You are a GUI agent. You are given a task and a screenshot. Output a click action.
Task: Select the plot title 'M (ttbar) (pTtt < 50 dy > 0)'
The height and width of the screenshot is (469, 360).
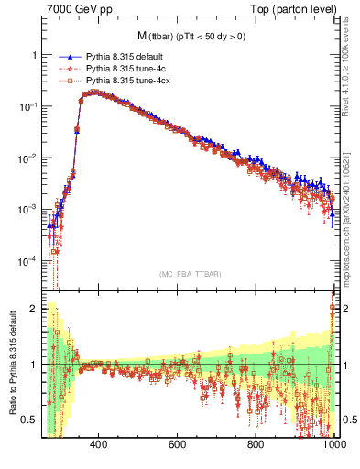190,36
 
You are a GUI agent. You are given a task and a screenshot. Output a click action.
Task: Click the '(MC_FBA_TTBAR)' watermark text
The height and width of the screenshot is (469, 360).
190,274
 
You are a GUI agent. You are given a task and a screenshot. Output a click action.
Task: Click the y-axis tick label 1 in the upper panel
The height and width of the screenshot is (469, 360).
34,55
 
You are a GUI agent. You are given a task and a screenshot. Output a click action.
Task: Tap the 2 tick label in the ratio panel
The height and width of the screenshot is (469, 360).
34,309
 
